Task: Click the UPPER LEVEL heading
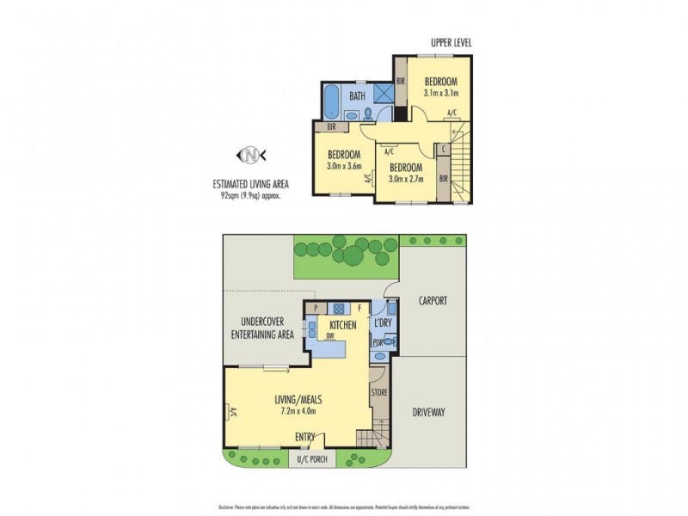[451, 42]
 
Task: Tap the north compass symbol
[250, 155]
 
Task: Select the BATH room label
[357, 96]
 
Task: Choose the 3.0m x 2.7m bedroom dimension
[406, 179]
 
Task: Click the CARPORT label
[432, 301]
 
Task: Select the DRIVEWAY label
[427, 412]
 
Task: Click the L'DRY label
[383, 323]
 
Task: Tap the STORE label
[379, 392]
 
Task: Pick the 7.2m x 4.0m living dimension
[296, 411]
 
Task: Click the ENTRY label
[305, 437]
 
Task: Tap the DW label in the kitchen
[330, 336]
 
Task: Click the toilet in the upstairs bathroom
[368, 113]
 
